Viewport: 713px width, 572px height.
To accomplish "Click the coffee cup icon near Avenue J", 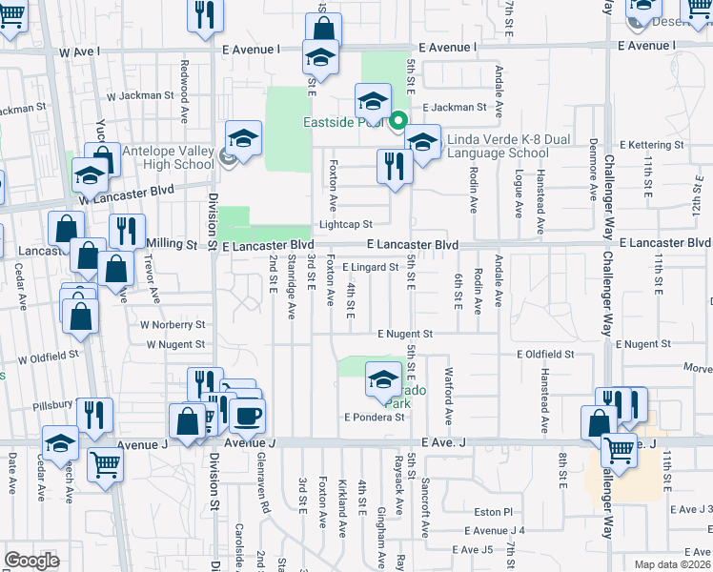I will [248, 416].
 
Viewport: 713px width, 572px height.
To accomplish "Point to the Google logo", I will [31, 561].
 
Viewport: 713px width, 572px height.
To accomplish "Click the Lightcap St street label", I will [345, 225].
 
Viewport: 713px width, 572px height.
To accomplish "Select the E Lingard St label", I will [370, 268].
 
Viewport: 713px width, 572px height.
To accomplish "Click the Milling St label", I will [178, 244].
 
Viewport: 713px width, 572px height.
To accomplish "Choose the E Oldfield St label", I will [545, 354].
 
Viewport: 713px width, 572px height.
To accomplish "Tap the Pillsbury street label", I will [53, 405].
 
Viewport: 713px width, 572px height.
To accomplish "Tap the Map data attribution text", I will [673, 564].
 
